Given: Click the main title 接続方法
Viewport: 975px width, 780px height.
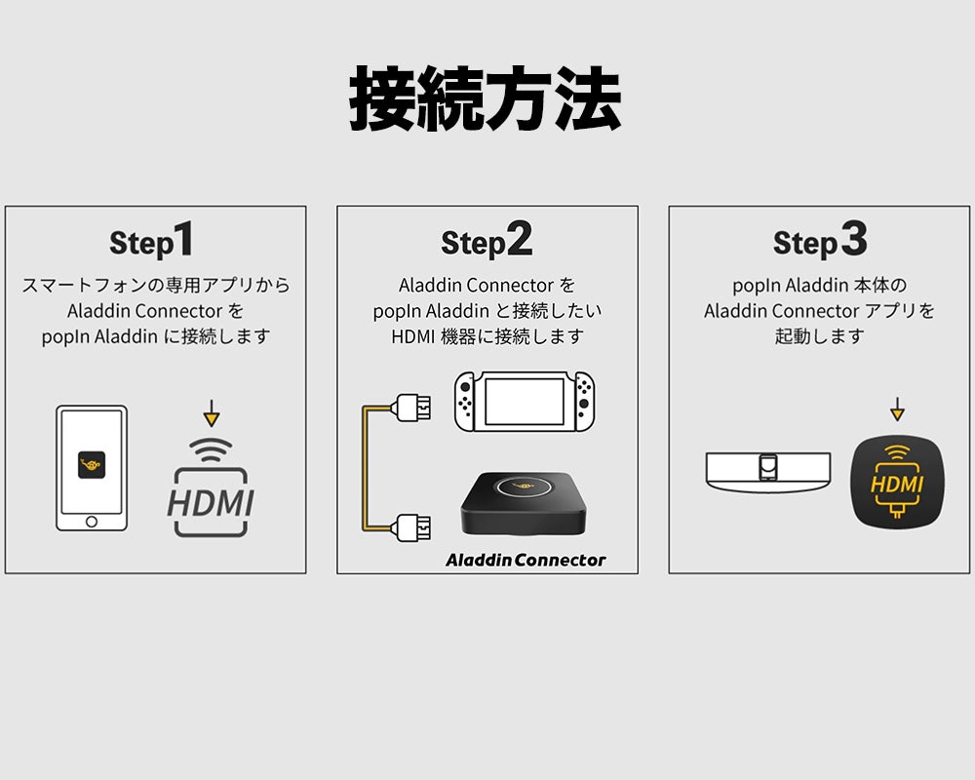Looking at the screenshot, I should click(485, 100).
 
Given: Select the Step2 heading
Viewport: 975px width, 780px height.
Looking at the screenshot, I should click(487, 241).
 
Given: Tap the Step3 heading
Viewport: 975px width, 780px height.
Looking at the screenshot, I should click(819, 241).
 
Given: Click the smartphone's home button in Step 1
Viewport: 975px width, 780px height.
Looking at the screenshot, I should click(91, 521).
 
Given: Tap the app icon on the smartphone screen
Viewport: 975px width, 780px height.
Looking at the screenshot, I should click(91, 465).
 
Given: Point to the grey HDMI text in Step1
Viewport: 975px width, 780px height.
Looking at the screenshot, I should click(211, 502).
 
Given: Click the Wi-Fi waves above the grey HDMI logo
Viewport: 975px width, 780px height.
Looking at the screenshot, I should click(211, 449).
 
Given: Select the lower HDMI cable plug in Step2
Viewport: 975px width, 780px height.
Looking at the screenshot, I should click(409, 526).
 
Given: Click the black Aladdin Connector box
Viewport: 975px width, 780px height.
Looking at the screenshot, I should click(525, 505).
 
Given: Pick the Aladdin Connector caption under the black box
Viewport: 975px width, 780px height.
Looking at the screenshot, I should click(526, 560).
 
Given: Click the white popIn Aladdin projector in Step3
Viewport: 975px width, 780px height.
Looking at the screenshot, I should click(769, 470).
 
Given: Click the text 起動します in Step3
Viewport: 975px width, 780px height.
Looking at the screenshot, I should click(819, 336).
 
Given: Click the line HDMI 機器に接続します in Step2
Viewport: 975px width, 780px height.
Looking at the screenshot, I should click(487, 336).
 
